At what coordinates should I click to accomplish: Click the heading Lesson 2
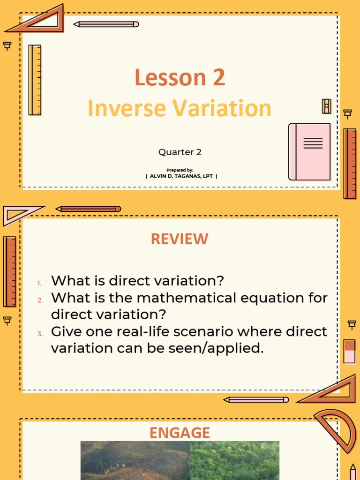coord(180,78)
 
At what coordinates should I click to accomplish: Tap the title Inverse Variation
coord(180,109)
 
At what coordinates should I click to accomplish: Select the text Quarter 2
coord(180,152)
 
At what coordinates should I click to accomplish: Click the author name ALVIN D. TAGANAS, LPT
coord(181,176)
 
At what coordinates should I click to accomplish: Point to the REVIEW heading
coord(180,239)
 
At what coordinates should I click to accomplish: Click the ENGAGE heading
coord(180,433)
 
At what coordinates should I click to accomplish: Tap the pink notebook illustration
coord(309,152)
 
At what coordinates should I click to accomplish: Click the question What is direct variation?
coord(137,281)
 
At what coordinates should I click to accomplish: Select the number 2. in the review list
coord(40,300)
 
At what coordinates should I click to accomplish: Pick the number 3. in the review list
coord(40,334)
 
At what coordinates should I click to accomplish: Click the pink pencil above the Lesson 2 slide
coord(106,24)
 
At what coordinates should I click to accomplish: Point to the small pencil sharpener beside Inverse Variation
coord(326,106)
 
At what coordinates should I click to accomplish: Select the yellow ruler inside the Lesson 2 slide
coord(35,80)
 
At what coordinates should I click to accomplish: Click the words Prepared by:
coord(180,170)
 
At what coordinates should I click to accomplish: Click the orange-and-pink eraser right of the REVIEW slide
coord(350,351)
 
